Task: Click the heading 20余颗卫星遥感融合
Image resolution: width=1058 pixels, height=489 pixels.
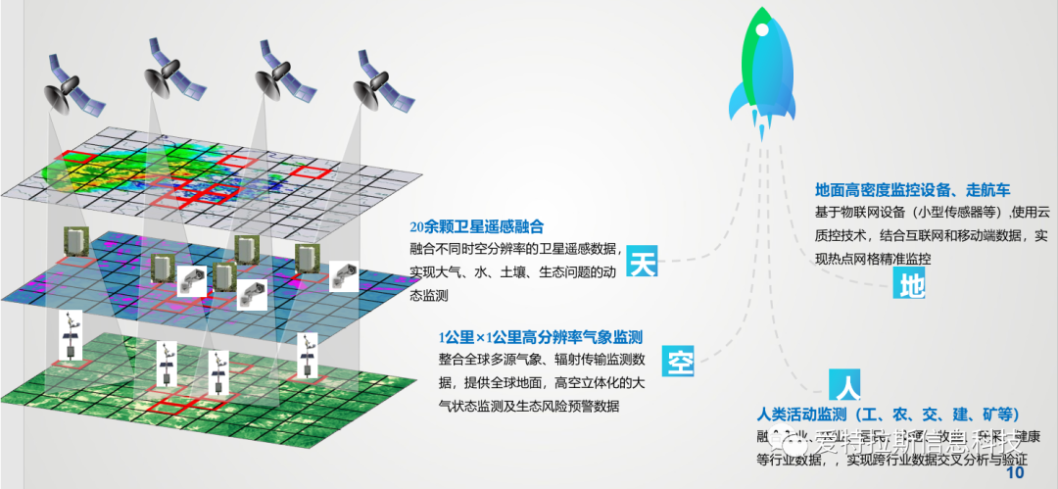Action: (x=476, y=225)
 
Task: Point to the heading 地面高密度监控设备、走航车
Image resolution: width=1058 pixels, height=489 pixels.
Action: (x=912, y=189)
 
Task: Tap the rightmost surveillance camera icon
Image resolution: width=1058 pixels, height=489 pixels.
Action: (x=344, y=275)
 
